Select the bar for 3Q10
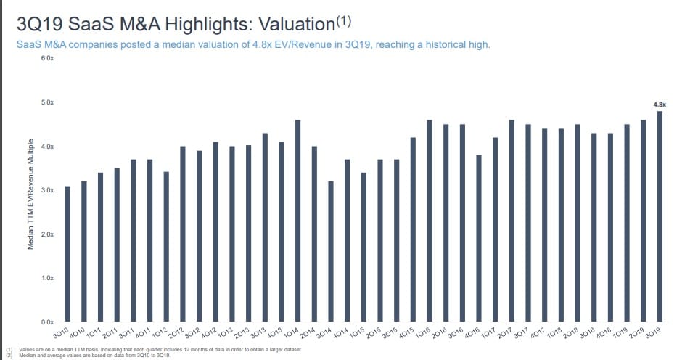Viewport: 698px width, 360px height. click(x=67, y=254)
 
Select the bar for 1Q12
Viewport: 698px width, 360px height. click(x=166, y=247)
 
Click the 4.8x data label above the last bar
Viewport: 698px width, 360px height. click(x=660, y=105)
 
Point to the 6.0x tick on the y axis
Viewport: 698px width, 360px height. click(x=47, y=58)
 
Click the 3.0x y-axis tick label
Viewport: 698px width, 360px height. click(x=47, y=190)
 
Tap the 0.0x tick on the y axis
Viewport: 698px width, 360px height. click(x=47, y=322)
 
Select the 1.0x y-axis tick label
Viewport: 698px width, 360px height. click(x=47, y=278)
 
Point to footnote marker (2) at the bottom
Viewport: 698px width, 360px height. click(x=9, y=355)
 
